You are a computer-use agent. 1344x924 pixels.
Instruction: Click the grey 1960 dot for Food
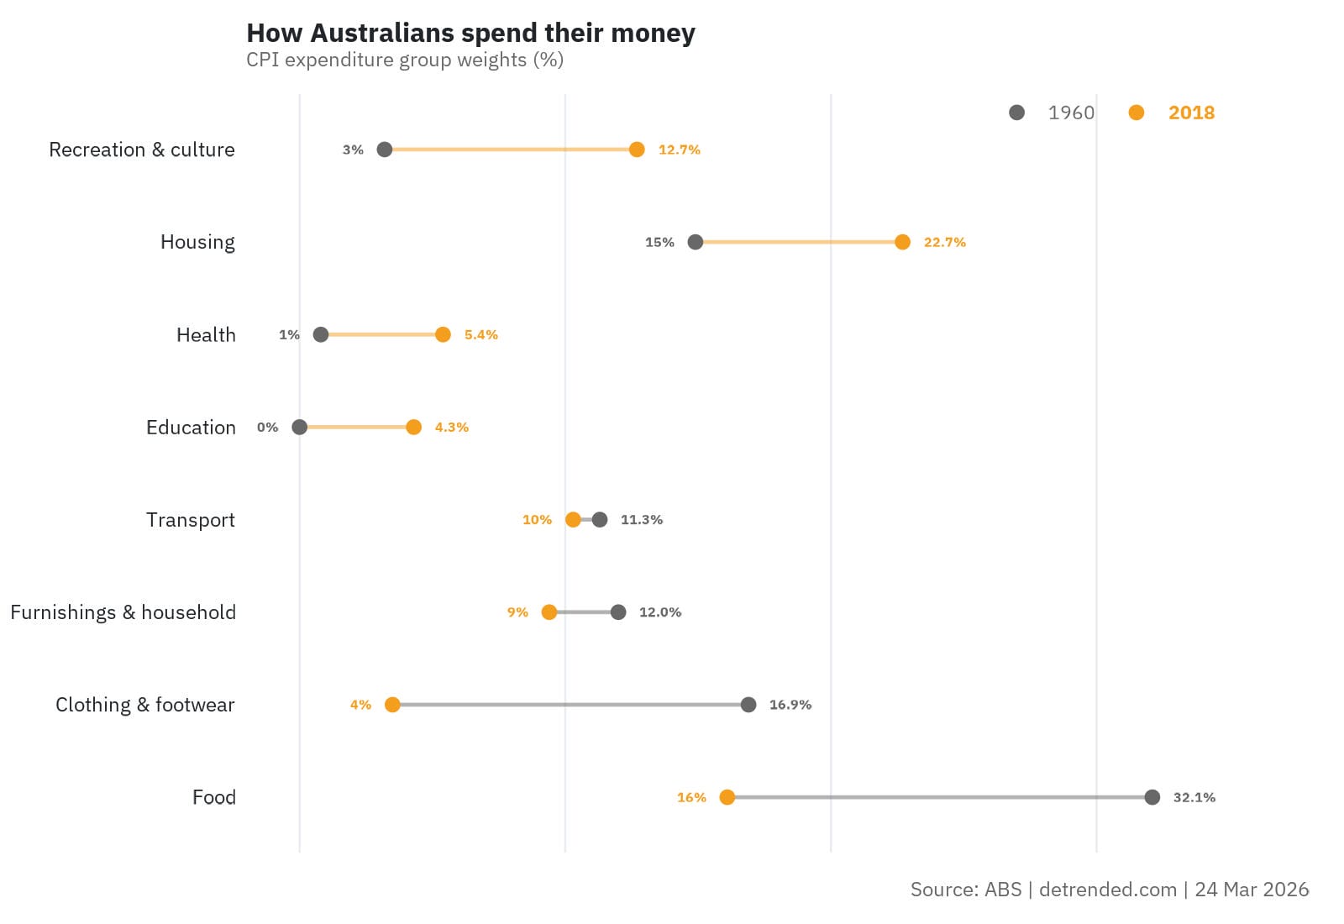(x=1152, y=797)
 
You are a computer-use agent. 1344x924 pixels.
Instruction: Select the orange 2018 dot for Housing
(x=902, y=242)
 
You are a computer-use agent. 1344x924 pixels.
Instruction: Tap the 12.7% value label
(x=679, y=150)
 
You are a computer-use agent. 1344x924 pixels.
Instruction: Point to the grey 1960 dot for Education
(x=299, y=427)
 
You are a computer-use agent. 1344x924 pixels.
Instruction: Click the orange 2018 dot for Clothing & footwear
(x=392, y=705)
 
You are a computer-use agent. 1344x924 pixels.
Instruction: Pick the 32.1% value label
(x=1194, y=797)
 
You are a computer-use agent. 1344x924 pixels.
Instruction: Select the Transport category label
(x=190, y=520)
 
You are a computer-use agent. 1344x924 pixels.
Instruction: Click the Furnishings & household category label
(x=123, y=612)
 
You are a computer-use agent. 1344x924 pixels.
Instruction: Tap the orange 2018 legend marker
(x=1136, y=113)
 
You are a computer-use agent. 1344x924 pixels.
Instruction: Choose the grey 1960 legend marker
(x=1016, y=113)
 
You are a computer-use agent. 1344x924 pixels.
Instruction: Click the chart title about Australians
(x=470, y=33)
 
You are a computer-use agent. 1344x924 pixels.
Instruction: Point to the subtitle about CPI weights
(x=404, y=60)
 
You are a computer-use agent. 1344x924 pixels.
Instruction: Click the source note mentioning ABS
(x=1109, y=890)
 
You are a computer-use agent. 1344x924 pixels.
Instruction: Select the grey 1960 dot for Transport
(x=599, y=520)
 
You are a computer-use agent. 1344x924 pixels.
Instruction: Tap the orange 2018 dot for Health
(x=443, y=334)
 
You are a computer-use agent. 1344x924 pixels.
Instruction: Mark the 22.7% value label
(x=944, y=242)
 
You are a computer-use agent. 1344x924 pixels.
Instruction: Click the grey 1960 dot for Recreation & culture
(x=385, y=150)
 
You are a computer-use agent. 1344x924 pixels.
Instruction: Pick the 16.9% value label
(x=790, y=705)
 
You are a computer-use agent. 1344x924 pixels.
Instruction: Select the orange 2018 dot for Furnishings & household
(x=549, y=612)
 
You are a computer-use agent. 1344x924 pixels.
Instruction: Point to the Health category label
(x=206, y=334)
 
